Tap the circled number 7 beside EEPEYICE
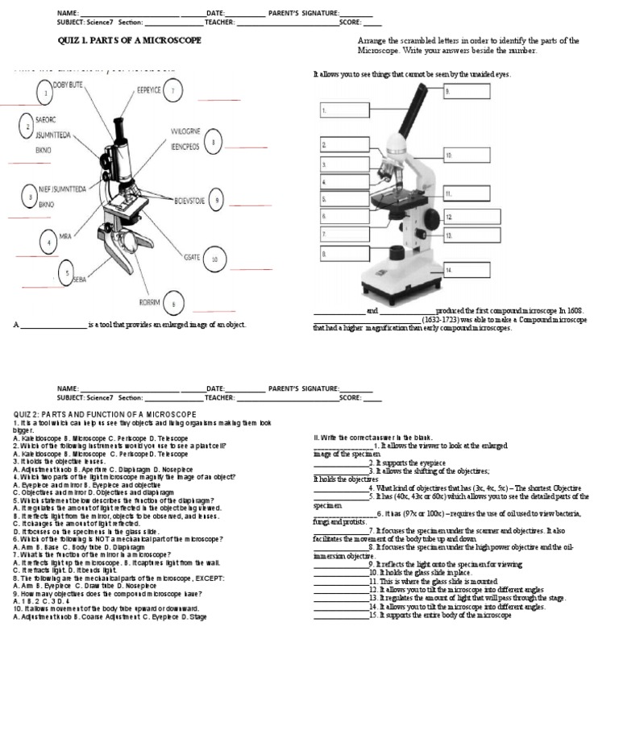(172, 92)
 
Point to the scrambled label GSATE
(192, 257)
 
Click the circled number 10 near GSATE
(214, 259)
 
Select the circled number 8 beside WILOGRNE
(213, 143)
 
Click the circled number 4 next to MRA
(48, 242)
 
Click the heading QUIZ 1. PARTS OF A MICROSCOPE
(130, 40)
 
